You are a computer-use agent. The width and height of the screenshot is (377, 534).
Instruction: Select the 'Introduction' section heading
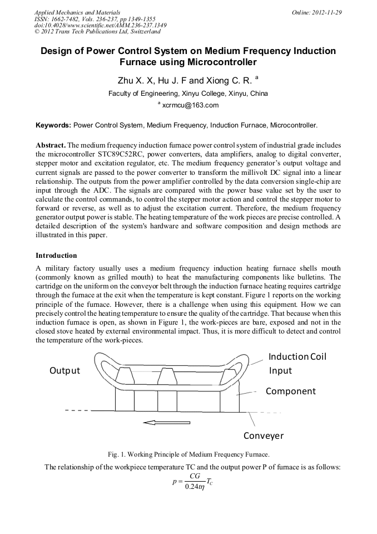(56, 256)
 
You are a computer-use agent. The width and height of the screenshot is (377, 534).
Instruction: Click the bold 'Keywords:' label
(53, 125)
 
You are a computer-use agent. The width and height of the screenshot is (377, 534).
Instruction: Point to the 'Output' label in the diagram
(65, 370)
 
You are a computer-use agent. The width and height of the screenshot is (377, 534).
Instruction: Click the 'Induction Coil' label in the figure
(297, 356)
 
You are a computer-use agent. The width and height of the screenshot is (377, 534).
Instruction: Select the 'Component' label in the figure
(290, 391)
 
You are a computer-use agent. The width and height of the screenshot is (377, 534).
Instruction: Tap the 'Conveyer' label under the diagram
(264, 435)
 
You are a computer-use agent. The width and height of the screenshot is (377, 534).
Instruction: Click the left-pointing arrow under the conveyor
(166, 423)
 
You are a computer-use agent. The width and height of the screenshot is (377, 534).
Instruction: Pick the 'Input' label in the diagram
(280, 370)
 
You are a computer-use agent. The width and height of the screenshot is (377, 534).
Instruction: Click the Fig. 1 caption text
(188, 454)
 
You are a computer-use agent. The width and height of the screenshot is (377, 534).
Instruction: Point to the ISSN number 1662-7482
(66, 19)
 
